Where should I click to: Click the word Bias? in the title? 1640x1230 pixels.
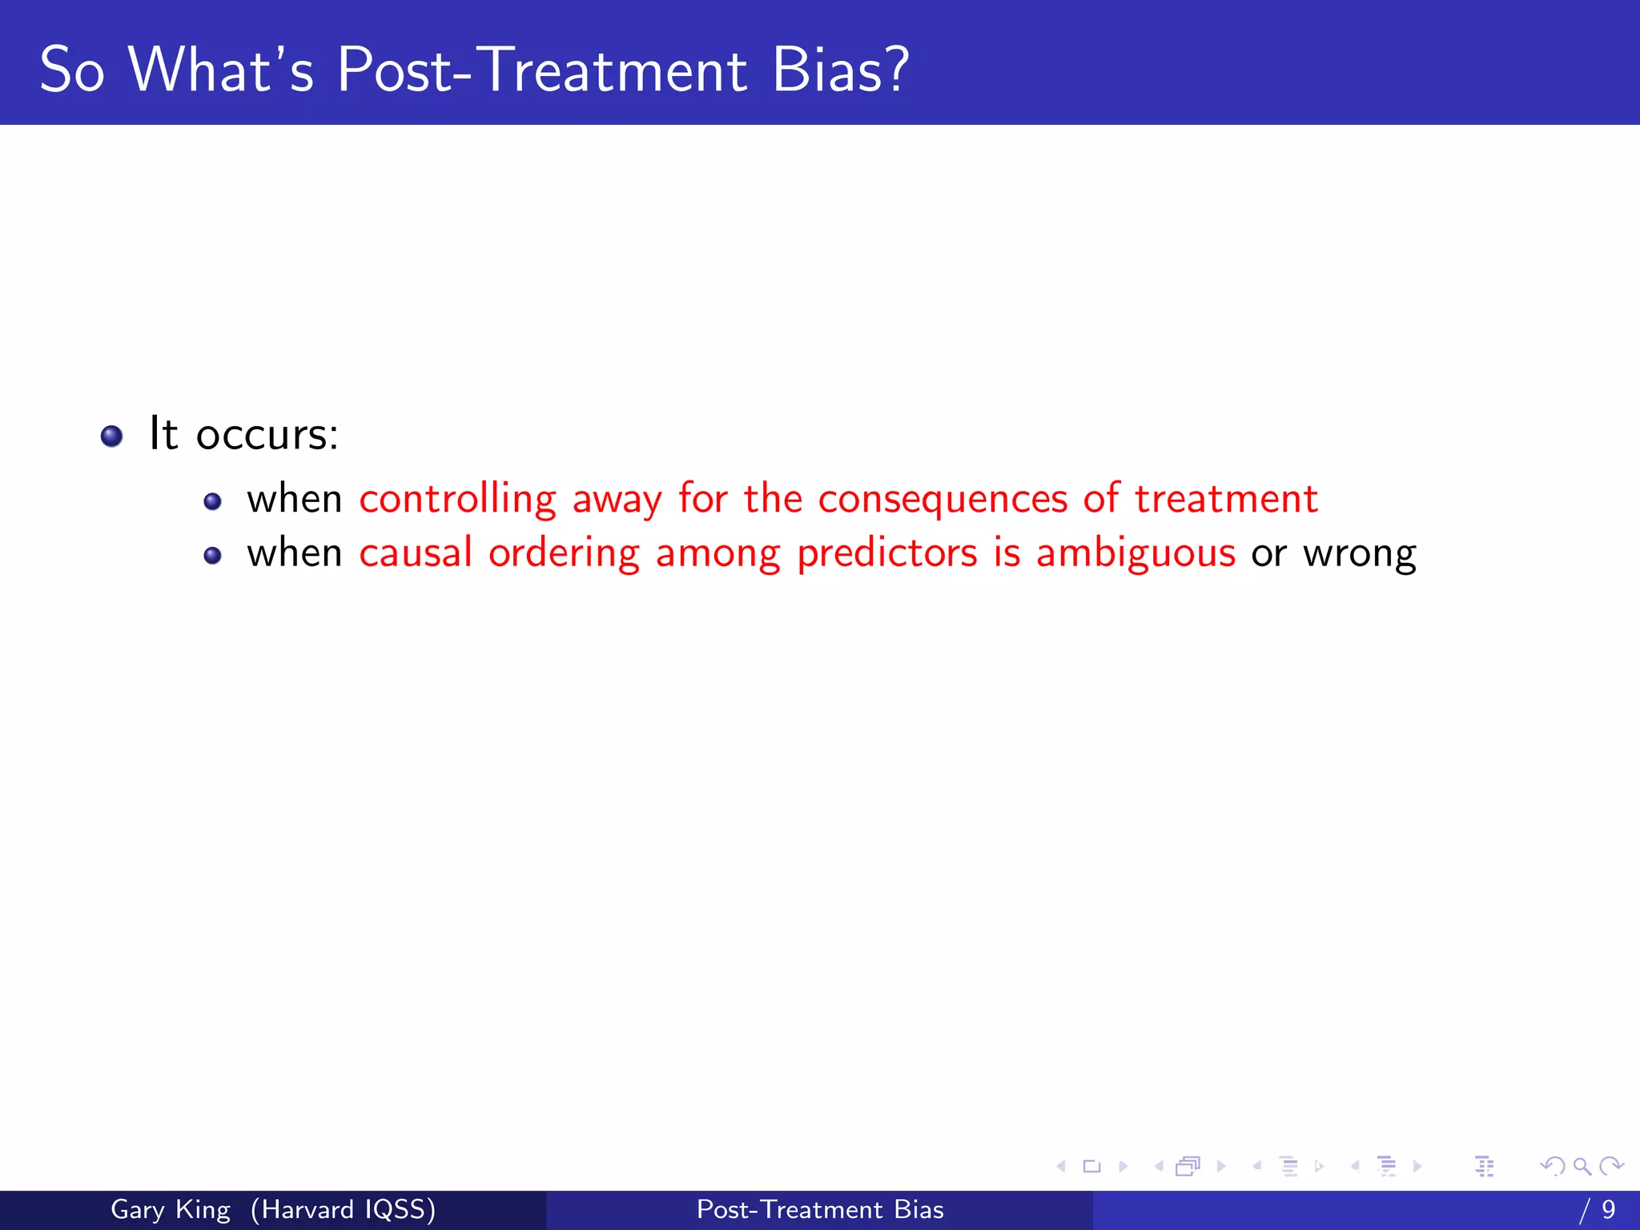pyautogui.click(x=840, y=70)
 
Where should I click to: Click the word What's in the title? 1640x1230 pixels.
pyautogui.click(x=221, y=70)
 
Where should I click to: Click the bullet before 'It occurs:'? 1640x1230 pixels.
pyautogui.click(x=112, y=436)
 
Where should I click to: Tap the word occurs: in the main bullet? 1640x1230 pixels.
pyautogui.click(x=267, y=435)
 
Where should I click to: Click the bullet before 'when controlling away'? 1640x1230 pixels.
pyautogui.click(x=212, y=502)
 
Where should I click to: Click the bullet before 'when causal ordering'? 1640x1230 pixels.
pyautogui.click(x=212, y=556)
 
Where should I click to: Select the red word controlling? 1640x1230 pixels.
pyautogui.click(x=457, y=500)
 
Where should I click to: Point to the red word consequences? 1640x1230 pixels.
pyautogui.click(x=943, y=500)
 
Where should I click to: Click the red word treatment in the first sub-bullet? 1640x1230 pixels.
pyautogui.click(x=1226, y=498)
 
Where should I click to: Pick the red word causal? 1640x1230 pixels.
pyautogui.click(x=416, y=553)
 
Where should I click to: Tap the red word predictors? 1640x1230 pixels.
pyautogui.click(x=887, y=554)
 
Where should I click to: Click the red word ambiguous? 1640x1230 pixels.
pyautogui.click(x=1136, y=554)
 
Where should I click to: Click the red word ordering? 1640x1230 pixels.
pyautogui.click(x=564, y=554)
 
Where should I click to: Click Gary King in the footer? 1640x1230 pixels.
pyautogui.click(x=171, y=1209)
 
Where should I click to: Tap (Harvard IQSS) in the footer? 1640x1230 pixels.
pyautogui.click(x=343, y=1209)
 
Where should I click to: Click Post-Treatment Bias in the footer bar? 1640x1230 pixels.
pyautogui.click(x=820, y=1209)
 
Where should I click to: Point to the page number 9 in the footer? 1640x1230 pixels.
pyautogui.click(x=1608, y=1209)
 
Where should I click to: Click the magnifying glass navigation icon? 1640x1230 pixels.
pyautogui.click(x=1582, y=1166)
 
